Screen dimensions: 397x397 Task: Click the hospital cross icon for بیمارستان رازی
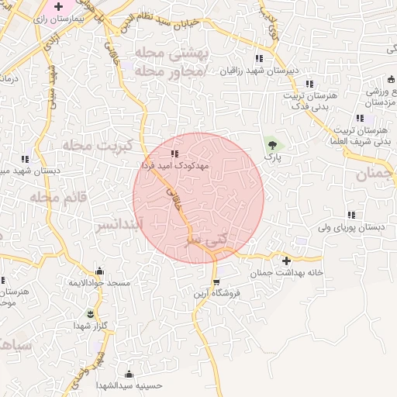click(x=57, y=7)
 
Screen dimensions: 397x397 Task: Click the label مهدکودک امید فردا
click(x=174, y=165)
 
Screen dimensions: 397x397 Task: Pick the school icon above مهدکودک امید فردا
click(x=174, y=154)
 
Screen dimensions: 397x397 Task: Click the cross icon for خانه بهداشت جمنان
click(x=287, y=261)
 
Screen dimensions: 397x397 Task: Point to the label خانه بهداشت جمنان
click(x=286, y=274)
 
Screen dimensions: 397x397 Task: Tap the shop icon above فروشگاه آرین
click(x=217, y=281)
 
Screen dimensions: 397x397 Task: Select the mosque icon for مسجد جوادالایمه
click(x=99, y=272)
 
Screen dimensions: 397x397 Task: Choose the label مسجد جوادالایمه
click(x=98, y=285)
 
